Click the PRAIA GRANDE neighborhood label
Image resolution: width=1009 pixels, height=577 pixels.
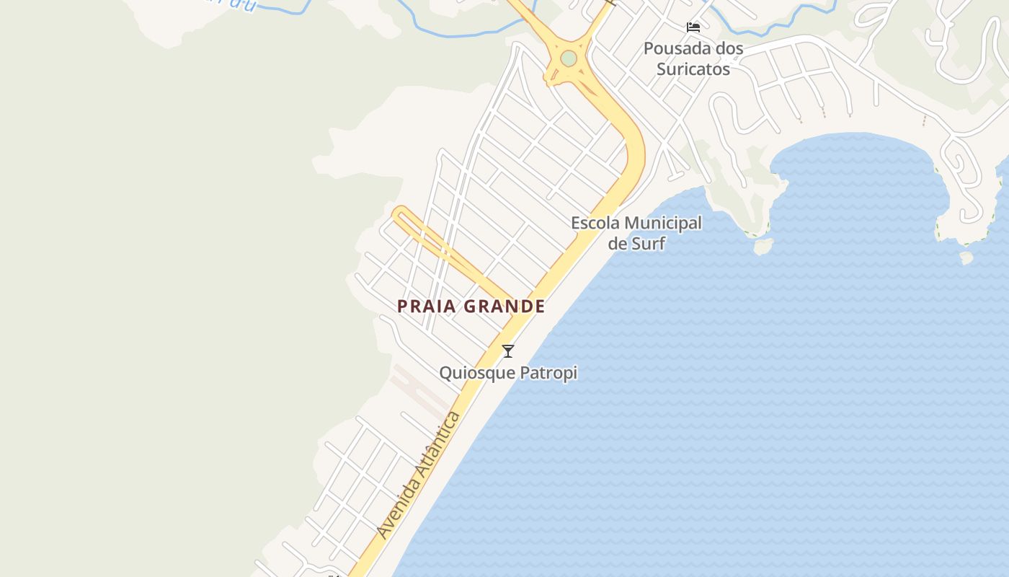471,306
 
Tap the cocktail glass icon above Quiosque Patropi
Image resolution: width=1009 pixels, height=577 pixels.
508,351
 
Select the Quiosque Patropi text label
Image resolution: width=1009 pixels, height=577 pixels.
508,373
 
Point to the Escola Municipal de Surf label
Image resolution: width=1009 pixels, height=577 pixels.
636,233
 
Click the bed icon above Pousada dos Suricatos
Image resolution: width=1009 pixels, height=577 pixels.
693,27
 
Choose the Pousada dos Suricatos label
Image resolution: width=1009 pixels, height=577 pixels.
693,59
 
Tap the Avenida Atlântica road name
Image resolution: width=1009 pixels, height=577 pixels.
417,475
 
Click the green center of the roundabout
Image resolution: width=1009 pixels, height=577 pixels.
569,58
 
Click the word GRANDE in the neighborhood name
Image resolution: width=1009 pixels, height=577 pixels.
504,306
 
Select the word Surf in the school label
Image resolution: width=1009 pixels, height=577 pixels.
648,243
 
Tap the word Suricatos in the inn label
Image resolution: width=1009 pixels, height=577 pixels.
693,69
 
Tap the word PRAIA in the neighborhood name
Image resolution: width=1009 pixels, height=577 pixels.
427,306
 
